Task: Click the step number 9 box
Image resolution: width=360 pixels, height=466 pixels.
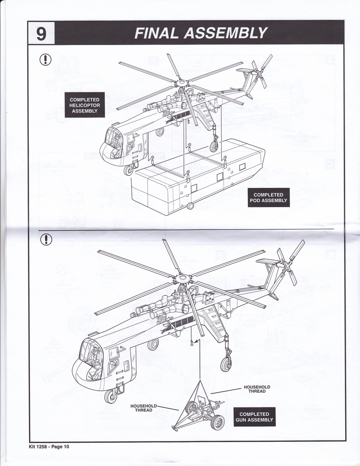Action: [41, 33]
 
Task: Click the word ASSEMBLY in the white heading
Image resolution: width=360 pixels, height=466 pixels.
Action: [225, 33]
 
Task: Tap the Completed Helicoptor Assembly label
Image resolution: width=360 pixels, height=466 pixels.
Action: [84, 105]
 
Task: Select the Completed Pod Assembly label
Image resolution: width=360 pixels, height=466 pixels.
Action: [268, 197]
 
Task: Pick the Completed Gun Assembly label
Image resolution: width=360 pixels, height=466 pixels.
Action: [254, 417]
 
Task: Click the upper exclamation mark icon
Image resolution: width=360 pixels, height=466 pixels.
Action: [45, 59]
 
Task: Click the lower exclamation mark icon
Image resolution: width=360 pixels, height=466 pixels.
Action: [45, 238]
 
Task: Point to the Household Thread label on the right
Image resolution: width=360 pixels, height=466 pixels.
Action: [257, 389]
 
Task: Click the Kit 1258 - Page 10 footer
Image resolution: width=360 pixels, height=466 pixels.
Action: [49, 446]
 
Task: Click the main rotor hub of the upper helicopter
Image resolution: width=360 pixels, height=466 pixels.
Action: [180, 83]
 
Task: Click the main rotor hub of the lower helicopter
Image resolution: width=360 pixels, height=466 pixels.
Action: [181, 278]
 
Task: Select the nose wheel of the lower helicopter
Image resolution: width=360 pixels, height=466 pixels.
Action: [111, 396]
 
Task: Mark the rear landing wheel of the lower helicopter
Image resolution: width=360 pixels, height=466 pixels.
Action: [226, 364]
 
